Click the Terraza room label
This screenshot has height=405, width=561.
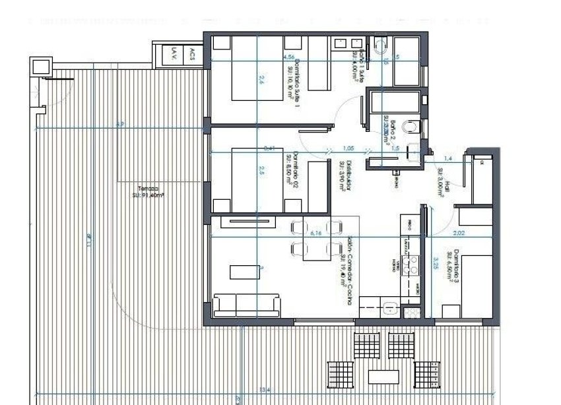point(146,191)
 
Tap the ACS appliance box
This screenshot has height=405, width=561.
point(192,53)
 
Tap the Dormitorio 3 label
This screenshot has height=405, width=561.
point(451,265)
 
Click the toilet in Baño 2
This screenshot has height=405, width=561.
point(409,125)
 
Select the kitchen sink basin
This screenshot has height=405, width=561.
point(390,307)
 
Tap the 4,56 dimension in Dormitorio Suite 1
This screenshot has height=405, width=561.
point(288,57)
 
